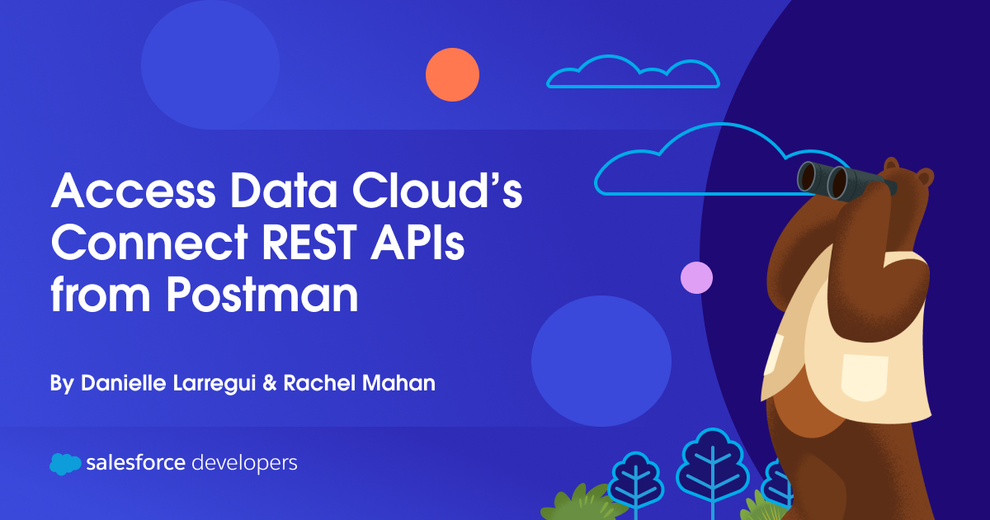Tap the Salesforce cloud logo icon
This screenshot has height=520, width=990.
[65, 464]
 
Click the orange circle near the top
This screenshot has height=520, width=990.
[452, 74]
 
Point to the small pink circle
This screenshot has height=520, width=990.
[696, 277]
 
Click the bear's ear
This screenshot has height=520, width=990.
[925, 177]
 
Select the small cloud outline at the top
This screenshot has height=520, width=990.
[633, 73]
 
